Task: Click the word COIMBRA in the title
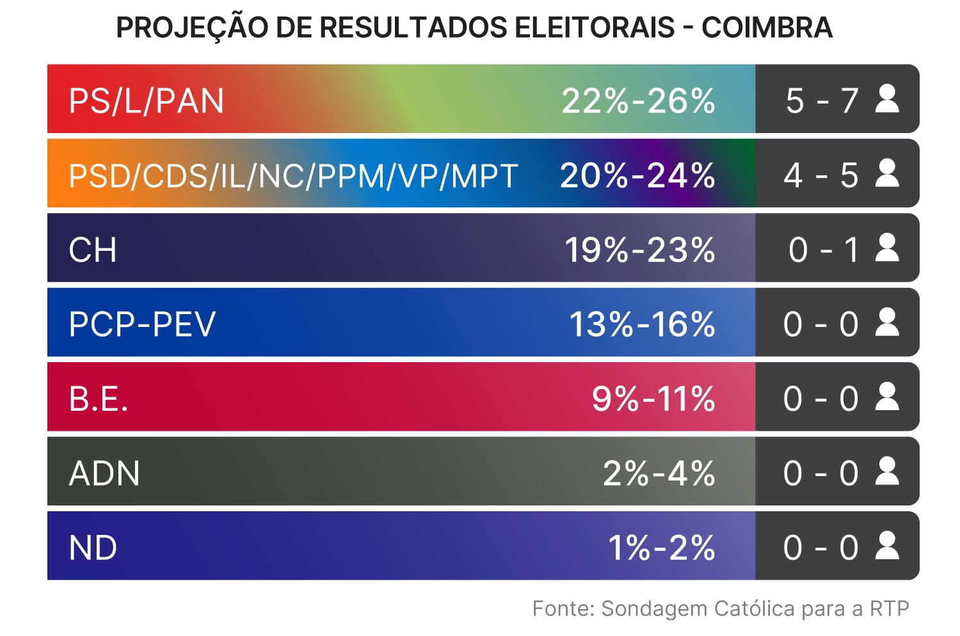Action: point(767,28)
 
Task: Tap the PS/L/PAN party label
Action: point(147,101)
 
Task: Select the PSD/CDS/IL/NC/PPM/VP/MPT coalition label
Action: point(293,176)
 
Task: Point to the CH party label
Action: point(93,250)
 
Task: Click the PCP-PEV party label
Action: point(142,324)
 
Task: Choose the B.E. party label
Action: point(99,399)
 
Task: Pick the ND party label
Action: point(93,548)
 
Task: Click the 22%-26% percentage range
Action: point(638,101)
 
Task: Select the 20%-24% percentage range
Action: point(637,175)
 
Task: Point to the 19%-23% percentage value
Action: point(639,250)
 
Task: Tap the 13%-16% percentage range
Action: point(642,324)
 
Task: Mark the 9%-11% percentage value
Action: point(653,399)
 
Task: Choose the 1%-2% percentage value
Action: point(661,548)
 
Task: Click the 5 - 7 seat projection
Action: point(822,101)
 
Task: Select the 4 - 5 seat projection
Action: point(821,175)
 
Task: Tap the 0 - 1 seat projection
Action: point(824,250)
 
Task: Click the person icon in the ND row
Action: point(887,546)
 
